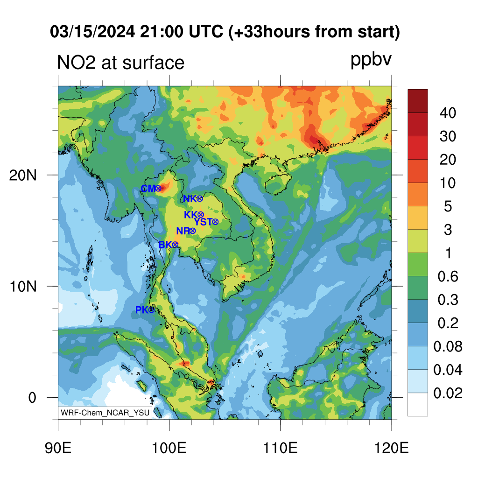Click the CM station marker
(158, 189)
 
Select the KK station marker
(201, 215)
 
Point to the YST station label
(203, 222)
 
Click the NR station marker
(192, 231)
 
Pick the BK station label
(165, 245)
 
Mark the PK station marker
(151, 310)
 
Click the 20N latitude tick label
(23, 176)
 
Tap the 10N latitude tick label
(23, 287)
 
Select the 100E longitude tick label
(169, 448)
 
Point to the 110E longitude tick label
(280, 448)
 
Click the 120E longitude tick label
(392, 448)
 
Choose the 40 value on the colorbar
(448, 113)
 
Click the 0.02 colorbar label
(448, 393)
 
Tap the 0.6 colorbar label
(448, 276)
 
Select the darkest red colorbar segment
(418, 101)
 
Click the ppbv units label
(371, 60)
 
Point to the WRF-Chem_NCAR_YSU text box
(105, 413)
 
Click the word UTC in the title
(206, 31)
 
